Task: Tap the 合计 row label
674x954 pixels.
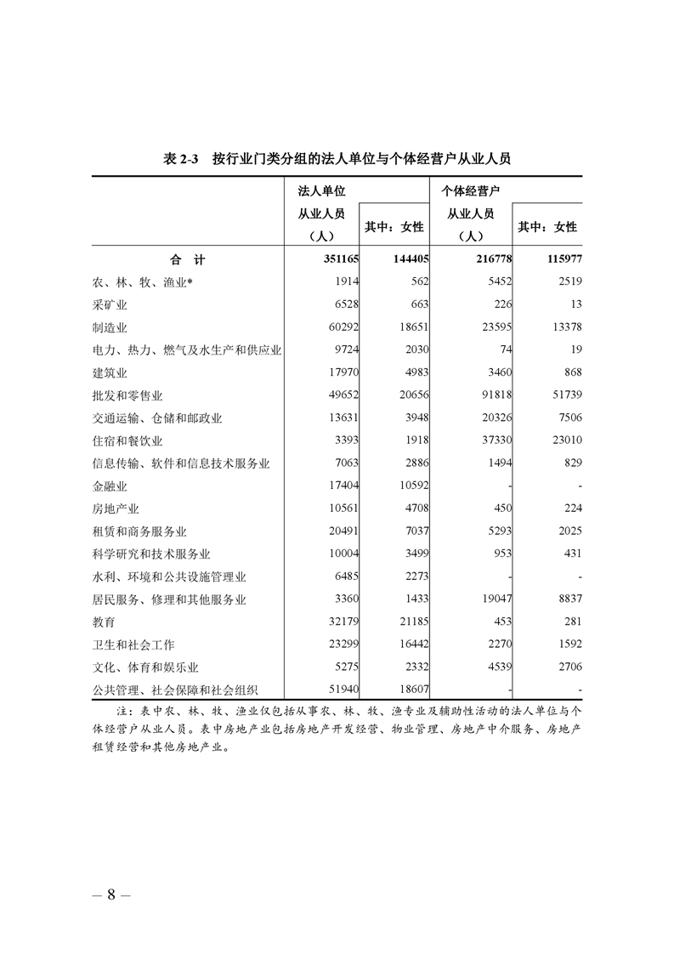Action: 187,259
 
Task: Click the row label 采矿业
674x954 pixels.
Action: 110,304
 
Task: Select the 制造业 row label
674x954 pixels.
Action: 110,327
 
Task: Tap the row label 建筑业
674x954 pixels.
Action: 110,372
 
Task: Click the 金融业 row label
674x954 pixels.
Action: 110,486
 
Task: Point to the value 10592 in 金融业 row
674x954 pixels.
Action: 412,486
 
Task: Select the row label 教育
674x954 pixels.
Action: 104,622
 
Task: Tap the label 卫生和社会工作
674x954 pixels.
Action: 133,645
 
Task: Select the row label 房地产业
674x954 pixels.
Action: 116,508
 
